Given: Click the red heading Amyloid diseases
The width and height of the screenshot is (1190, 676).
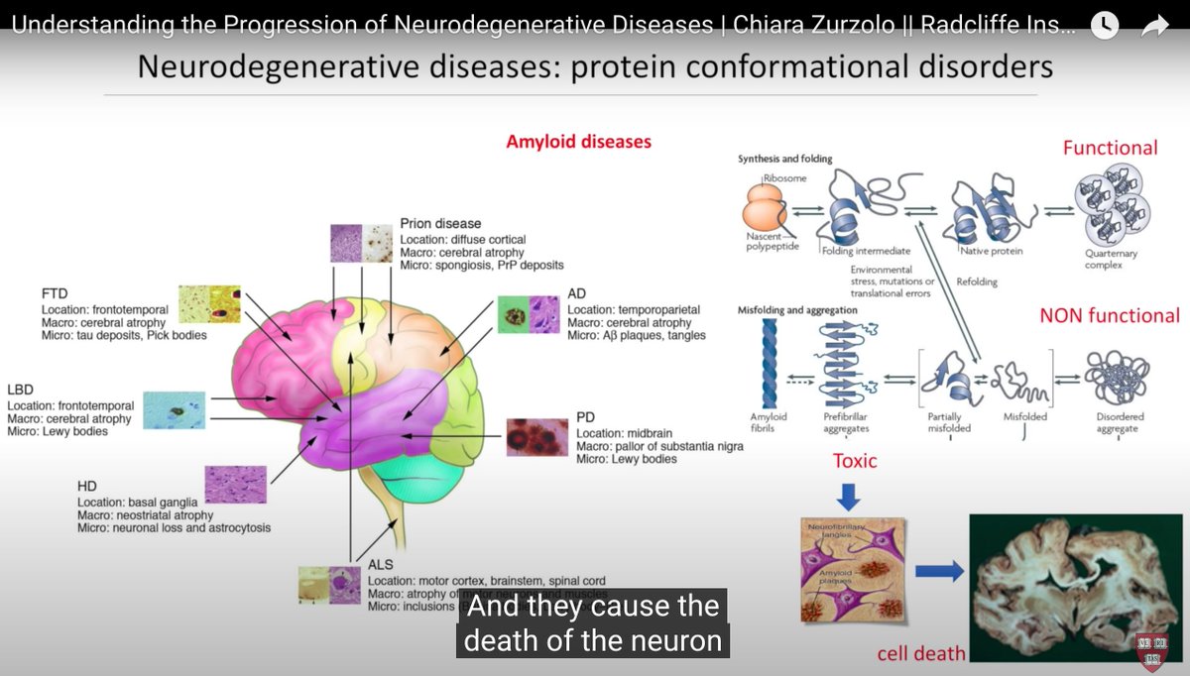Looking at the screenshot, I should click(578, 142).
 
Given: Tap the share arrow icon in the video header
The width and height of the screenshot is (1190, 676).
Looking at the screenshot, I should click(1154, 27).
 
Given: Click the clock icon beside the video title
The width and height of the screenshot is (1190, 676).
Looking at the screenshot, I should click(1104, 27).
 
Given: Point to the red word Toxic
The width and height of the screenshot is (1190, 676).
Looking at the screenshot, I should click(855, 461).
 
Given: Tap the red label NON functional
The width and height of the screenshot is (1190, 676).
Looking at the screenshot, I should click(1109, 316).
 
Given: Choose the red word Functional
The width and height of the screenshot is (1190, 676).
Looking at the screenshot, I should click(1110, 148).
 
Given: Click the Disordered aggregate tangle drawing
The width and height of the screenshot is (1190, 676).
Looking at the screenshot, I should click(1116, 380).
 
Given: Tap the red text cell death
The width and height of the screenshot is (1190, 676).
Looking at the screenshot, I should click(921, 653).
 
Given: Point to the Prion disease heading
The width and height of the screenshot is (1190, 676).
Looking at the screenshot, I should click(440, 224).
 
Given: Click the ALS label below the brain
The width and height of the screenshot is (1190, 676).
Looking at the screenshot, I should click(381, 565).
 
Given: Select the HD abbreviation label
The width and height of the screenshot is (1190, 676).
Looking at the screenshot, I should click(87, 487).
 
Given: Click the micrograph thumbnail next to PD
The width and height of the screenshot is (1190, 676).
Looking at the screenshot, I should click(536, 437).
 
